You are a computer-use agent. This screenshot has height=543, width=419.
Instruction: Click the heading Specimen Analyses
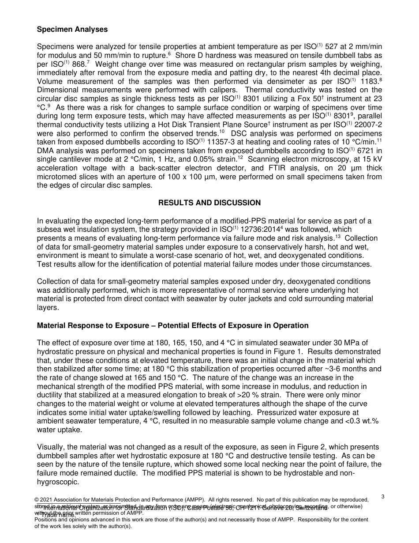pyautogui.click(x=72, y=30)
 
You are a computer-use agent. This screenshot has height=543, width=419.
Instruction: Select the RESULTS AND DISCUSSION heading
pyautogui.click(x=209, y=203)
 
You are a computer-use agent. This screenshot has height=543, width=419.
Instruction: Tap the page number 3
pyautogui.click(x=383, y=497)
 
